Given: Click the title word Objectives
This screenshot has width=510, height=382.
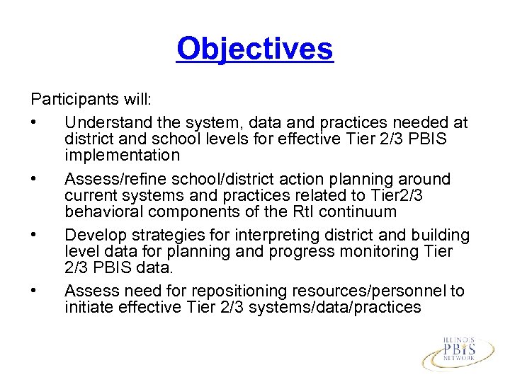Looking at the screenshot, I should pos(254,49).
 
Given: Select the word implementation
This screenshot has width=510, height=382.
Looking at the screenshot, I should pos(122,154).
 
